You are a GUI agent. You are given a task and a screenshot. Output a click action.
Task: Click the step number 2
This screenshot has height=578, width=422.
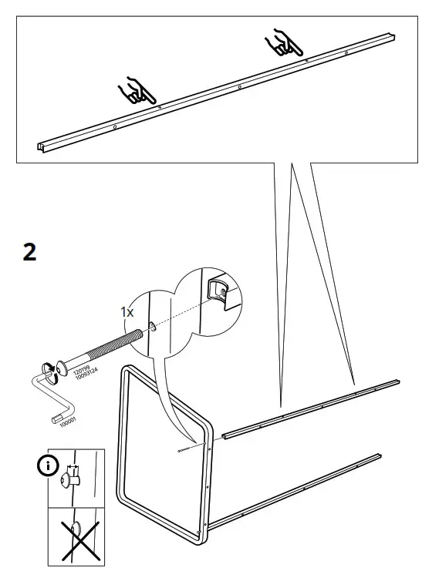point(29,252)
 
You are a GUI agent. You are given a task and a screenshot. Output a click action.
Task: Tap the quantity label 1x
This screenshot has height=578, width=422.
point(127,311)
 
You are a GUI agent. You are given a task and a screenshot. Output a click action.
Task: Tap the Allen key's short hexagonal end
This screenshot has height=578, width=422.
point(55,419)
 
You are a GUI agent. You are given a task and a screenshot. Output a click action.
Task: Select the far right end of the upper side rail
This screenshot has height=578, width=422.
point(397,381)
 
